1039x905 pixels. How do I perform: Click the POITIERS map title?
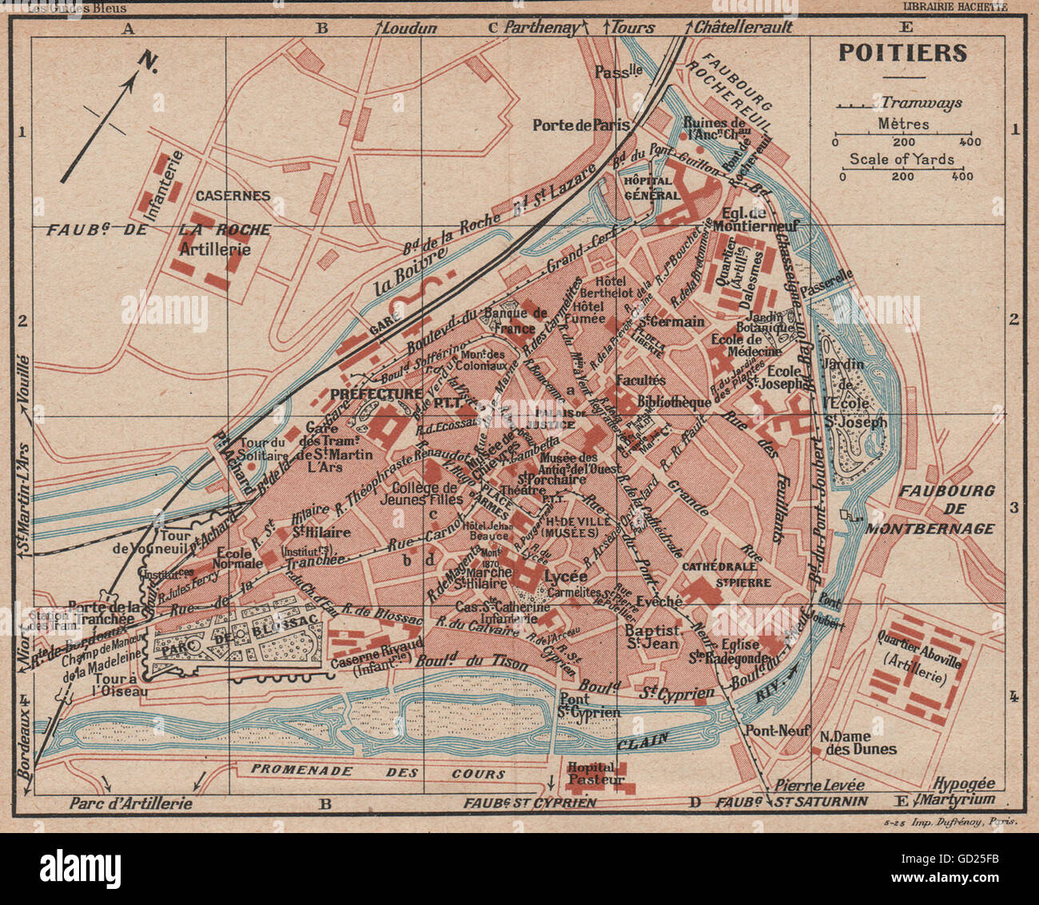[x=902, y=53]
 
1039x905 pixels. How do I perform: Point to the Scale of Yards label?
[x=902, y=159]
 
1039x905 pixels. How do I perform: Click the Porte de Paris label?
[x=582, y=125]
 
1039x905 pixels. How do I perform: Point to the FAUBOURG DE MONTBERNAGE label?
[x=946, y=509]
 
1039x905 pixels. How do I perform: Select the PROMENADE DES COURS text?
[x=378, y=772]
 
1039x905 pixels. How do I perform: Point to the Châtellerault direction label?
[x=742, y=27]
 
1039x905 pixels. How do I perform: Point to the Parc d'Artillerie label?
[x=130, y=803]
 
